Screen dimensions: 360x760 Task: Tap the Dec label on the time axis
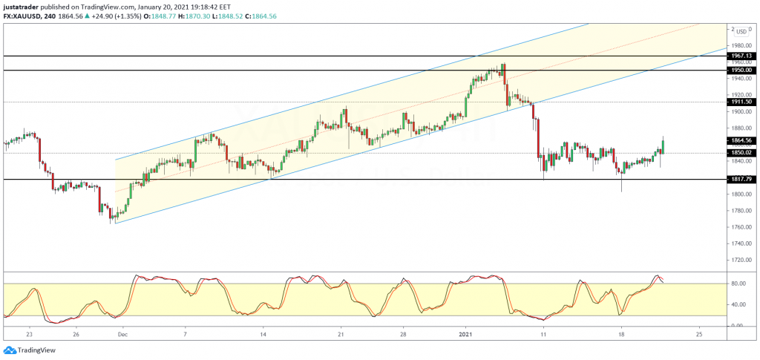click(x=123, y=335)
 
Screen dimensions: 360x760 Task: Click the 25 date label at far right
click(x=698, y=335)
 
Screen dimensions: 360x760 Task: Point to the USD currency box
click(x=743, y=31)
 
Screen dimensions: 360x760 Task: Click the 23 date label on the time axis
click(x=30, y=335)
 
